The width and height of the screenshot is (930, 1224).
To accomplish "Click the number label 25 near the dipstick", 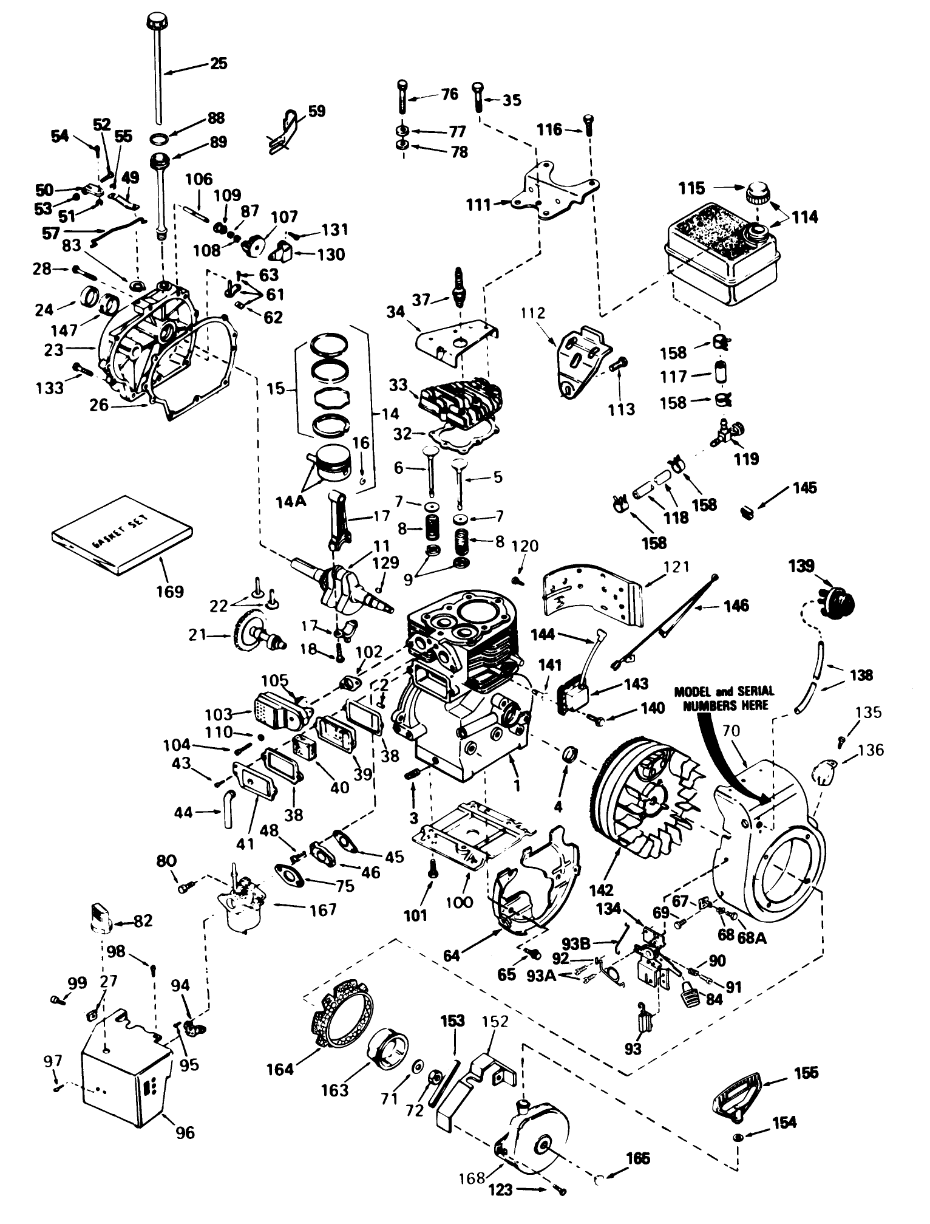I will [x=219, y=63].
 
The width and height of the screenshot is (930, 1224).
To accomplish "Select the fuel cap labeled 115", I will [x=758, y=194].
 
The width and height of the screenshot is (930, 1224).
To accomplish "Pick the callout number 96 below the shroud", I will [x=185, y=1132].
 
